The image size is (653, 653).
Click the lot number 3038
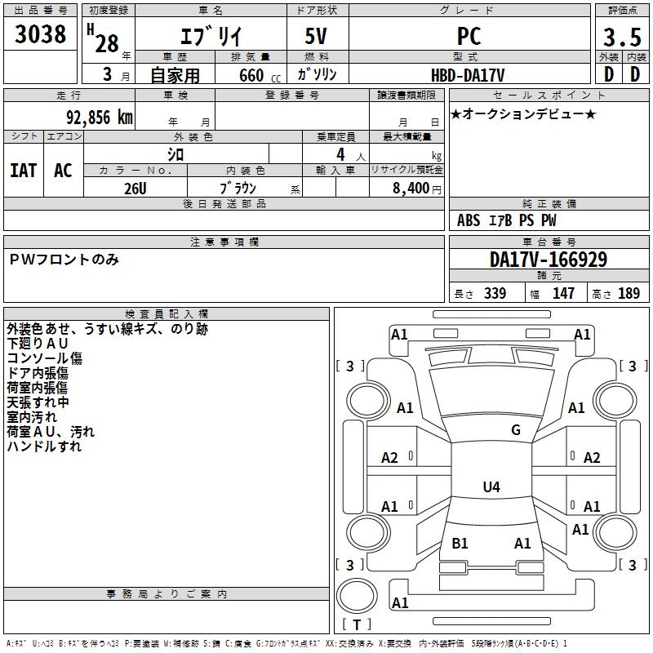[40, 34]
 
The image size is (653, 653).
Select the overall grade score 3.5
[622, 37]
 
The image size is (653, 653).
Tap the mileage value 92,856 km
[100, 118]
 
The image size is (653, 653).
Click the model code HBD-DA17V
[468, 75]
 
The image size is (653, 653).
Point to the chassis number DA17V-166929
[549, 260]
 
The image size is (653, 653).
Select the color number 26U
[135, 189]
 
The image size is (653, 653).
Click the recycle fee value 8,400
[411, 188]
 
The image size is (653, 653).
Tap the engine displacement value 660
[251, 75]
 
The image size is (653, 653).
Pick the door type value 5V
[316, 36]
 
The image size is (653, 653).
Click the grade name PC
[469, 36]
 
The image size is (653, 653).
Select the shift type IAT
[24, 171]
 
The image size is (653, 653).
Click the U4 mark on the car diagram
[491, 486]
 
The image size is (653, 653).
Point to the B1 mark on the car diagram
[460, 543]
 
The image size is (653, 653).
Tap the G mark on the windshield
[516, 430]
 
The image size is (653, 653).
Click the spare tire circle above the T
[357, 596]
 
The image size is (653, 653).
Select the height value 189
[629, 293]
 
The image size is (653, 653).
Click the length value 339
[495, 293]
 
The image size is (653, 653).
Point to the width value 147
[563, 293]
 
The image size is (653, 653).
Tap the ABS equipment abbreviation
[469, 220]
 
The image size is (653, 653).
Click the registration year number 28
[107, 43]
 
